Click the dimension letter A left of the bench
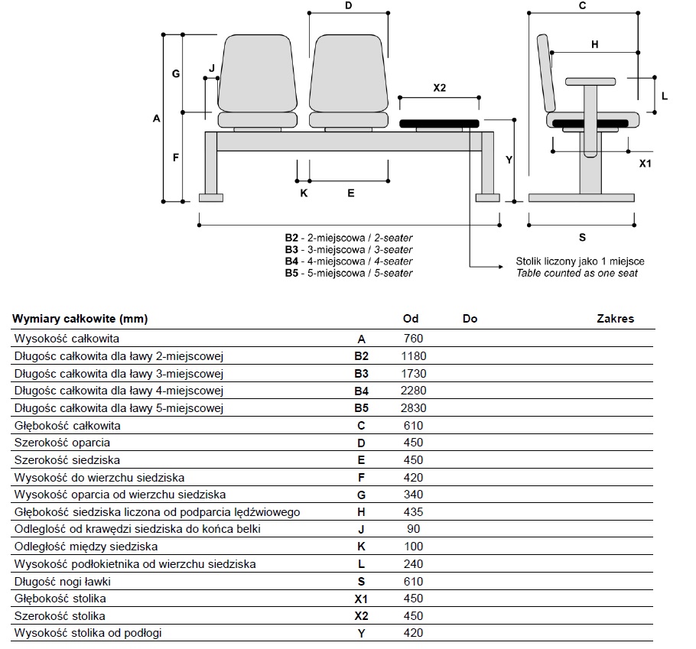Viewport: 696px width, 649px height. [157, 118]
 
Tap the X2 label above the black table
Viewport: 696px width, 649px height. [439, 88]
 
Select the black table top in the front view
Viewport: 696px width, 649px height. [439, 122]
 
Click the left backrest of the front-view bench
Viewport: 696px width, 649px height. [257, 75]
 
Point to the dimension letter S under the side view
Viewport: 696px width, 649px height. [582, 237]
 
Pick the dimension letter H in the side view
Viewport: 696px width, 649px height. [595, 44]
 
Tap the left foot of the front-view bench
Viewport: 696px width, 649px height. [210, 198]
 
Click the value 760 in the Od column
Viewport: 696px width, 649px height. [413, 339]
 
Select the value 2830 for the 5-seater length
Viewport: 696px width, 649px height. [414, 408]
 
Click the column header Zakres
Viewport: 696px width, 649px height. [615, 319]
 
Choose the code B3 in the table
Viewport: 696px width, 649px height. [361, 374]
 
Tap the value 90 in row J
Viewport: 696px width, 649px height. [413, 529]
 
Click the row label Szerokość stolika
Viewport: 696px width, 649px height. [60, 615]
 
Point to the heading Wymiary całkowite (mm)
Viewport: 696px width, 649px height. [80, 319]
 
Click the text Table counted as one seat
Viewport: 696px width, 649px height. [577, 273]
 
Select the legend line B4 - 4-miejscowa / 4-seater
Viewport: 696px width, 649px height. [349, 261]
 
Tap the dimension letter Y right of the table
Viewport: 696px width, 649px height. [509, 160]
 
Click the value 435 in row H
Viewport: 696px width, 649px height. [413, 512]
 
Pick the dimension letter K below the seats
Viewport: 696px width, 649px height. [304, 193]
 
